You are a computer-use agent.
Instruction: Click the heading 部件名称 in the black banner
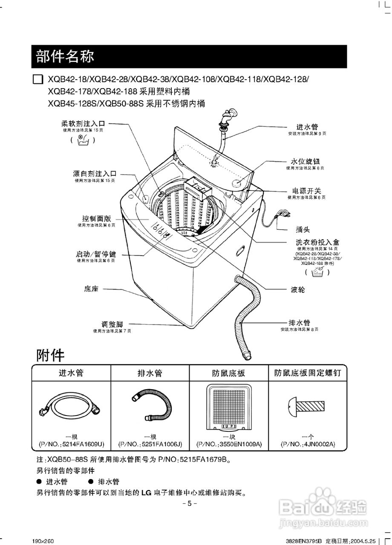coord(65,56)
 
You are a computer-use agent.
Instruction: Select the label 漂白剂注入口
coord(94,174)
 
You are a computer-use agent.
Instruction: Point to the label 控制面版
coord(96,218)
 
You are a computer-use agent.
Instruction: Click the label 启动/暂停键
coord(96,254)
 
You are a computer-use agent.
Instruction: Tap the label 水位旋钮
coord(305,162)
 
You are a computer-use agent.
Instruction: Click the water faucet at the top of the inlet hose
coord(228,116)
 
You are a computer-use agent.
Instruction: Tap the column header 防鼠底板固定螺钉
coord(308,373)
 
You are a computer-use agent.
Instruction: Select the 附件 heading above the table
coord(50,355)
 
